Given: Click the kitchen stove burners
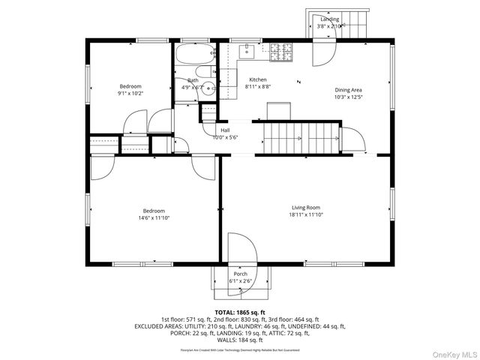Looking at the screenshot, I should coord(283,51).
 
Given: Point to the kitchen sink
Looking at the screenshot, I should coord(247,51).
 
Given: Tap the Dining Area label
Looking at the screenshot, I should coord(348,90).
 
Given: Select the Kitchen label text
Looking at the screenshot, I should coord(258,79).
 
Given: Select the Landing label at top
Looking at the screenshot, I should coord(329,19).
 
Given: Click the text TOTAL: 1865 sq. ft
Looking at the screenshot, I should coord(240,312).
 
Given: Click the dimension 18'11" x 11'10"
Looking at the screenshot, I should coord(306,214).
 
